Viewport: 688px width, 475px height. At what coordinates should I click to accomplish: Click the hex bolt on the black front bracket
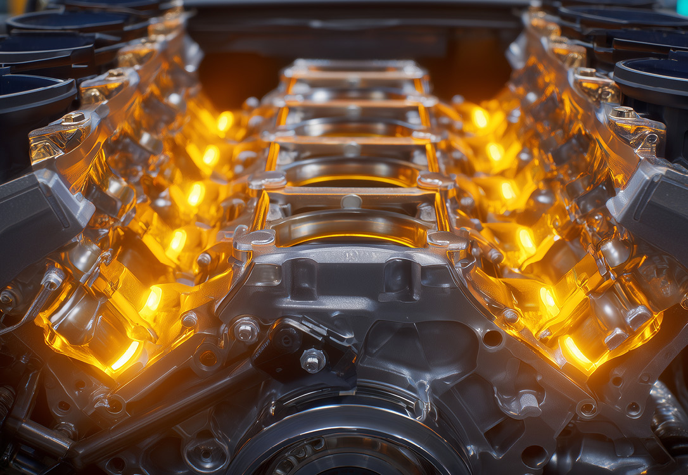tap(312, 360)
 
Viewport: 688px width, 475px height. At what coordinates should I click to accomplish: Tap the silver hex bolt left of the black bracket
tap(246, 330)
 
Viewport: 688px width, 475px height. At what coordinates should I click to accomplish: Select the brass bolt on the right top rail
tap(624, 113)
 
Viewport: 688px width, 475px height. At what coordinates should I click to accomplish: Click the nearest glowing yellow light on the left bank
tap(125, 355)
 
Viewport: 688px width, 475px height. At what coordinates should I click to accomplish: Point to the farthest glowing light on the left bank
tap(225, 121)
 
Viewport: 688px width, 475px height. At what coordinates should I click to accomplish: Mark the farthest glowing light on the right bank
tap(480, 117)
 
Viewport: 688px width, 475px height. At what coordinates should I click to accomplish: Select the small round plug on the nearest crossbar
tap(351, 201)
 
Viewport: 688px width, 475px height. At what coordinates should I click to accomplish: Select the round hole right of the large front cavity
tap(492, 338)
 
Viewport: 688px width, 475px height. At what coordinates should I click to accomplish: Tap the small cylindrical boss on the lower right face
tap(528, 400)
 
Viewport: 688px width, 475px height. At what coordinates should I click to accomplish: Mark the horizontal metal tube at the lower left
tap(38, 437)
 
